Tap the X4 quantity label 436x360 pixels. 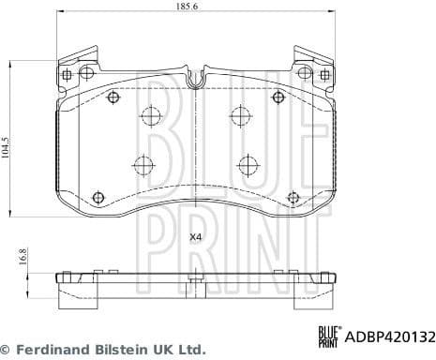[x=195, y=237]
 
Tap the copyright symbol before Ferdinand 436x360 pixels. [x=7, y=349]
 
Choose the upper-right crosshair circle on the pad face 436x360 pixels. [x=239, y=117]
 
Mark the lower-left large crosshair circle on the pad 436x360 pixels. [x=143, y=166]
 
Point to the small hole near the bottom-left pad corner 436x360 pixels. [x=98, y=197]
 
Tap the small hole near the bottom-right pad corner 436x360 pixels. [x=293, y=197]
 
